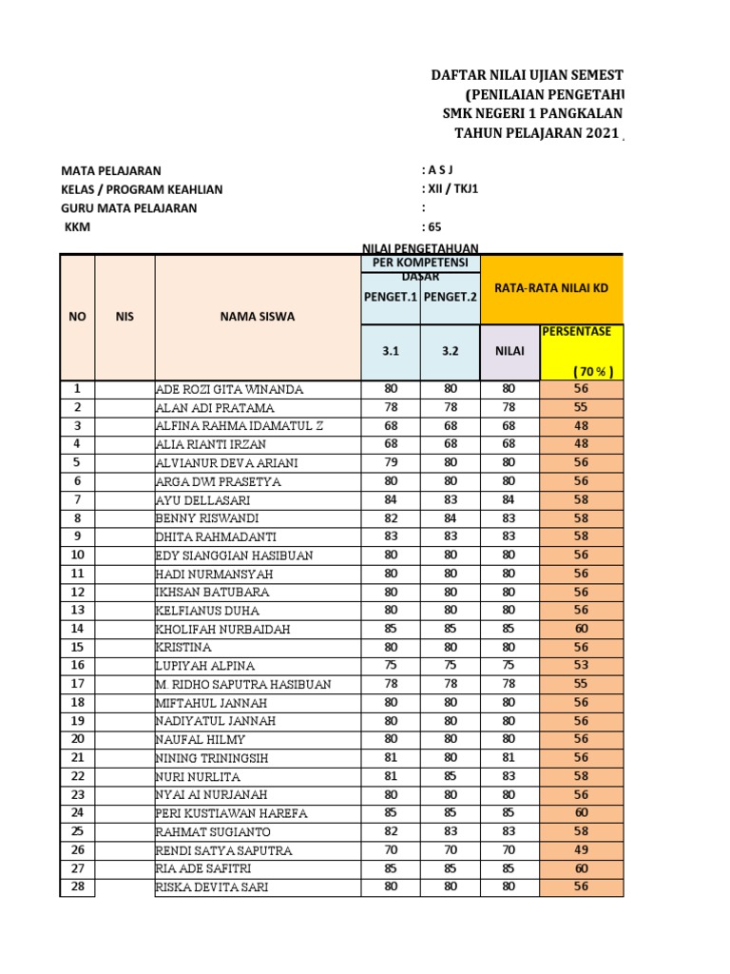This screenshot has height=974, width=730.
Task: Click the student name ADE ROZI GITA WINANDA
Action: [229, 389]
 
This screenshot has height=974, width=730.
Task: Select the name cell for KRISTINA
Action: [184, 647]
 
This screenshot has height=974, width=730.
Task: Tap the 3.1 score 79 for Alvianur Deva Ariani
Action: [390, 462]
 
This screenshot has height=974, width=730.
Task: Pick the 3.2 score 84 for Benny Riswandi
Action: [450, 517]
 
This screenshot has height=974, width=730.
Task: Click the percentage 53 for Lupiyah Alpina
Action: [581, 665]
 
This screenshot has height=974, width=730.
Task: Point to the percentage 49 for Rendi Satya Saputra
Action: [581, 849]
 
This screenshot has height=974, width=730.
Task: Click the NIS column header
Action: [125, 317]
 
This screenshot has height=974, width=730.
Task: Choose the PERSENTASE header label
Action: [582, 332]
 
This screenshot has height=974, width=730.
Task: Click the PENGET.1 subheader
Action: [390, 297]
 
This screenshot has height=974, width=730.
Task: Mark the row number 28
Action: [77, 886]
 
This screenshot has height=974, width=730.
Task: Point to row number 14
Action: [77, 629]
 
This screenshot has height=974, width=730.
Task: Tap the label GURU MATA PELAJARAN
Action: [129, 208]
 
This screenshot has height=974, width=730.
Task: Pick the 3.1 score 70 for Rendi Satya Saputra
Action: [390, 849]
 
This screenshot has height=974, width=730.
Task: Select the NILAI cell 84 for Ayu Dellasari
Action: [509, 499]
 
